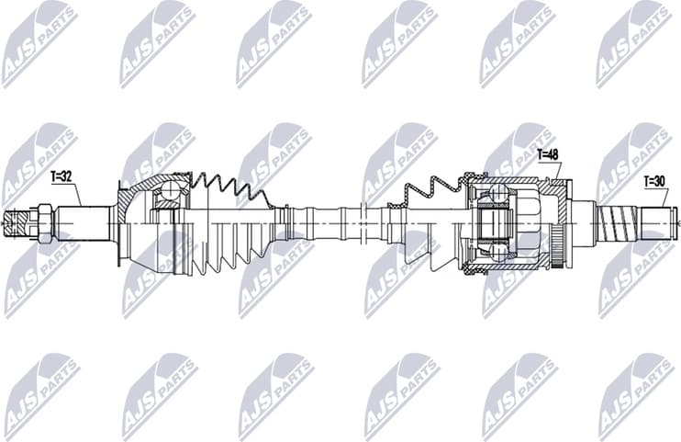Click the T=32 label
coord(61,175)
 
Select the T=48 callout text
coord(548,153)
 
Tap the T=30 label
coord(653,181)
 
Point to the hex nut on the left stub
coord(43,222)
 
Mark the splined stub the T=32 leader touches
coord(83,221)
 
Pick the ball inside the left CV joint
coord(169,192)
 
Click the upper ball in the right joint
coord(497,194)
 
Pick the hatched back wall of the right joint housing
coord(558,198)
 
